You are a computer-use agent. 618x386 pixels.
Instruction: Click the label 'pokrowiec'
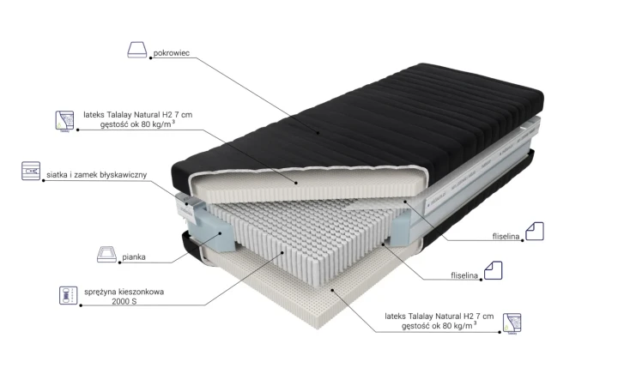(172, 53)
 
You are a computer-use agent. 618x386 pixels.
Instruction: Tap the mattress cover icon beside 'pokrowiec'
(137, 50)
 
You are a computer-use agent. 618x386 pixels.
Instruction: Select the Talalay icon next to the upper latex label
(64, 121)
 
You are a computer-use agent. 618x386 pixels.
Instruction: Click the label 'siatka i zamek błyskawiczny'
(96, 174)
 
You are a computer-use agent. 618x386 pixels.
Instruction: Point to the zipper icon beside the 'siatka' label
(31, 171)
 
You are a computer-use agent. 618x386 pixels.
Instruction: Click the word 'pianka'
(134, 256)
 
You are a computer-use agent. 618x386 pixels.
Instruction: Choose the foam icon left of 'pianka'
(106, 254)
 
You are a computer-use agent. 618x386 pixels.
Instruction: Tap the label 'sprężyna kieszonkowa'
(124, 292)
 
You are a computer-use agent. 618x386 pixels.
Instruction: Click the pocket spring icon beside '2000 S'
(69, 295)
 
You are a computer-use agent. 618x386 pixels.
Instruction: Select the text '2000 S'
(124, 301)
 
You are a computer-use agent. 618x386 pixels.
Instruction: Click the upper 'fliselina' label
(506, 237)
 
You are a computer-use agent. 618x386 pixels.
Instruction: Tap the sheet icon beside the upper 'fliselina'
(535, 232)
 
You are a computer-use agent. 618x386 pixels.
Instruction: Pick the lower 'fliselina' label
(464, 275)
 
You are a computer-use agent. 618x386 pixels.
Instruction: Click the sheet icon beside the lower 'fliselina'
(493, 270)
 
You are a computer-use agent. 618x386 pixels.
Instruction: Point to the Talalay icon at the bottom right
(512, 323)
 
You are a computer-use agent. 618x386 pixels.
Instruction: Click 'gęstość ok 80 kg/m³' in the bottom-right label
(439, 325)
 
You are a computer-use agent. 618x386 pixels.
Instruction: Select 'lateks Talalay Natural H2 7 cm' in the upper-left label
(138, 115)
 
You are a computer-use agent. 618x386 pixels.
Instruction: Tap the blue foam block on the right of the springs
(401, 227)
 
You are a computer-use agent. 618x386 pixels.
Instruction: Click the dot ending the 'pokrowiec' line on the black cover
(318, 133)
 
